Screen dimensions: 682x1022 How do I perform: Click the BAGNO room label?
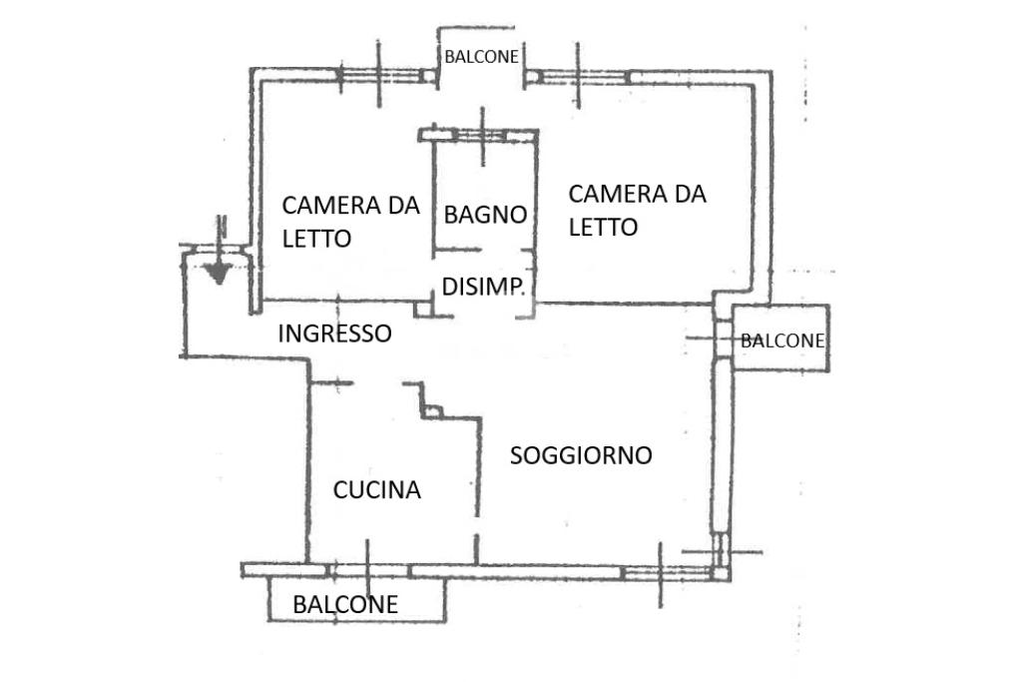[x=485, y=214]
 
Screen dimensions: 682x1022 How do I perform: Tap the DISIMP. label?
[x=484, y=288]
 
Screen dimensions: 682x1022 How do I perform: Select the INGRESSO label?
[x=334, y=334]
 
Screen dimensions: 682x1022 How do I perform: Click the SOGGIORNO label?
[x=581, y=455]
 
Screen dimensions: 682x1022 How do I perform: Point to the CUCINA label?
[x=376, y=490]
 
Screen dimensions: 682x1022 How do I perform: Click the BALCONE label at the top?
[x=481, y=57]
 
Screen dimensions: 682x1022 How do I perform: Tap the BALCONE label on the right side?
[x=782, y=341]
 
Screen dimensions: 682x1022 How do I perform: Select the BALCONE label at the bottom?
[x=345, y=604]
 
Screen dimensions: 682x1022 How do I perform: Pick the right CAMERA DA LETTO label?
[x=637, y=210]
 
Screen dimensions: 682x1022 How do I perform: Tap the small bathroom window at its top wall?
[x=482, y=134]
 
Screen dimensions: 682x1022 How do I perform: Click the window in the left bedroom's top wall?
[x=379, y=74]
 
